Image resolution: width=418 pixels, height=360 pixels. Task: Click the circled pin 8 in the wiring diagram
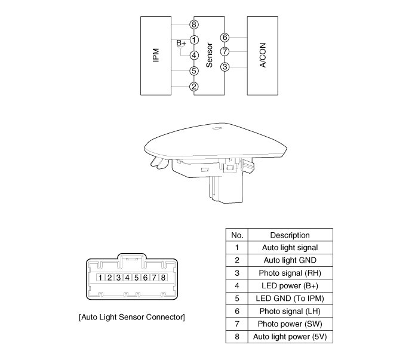pyautogui.click(x=193, y=24)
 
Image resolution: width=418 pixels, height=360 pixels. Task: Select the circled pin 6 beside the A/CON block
pyautogui.click(x=225, y=38)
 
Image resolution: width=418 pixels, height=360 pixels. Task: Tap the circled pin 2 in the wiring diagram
pyautogui.click(x=193, y=87)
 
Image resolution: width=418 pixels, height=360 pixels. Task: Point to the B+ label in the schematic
pyautogui.click(x=182, y=44)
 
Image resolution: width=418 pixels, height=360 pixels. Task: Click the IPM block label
pyautogui.click(x=155, y=56)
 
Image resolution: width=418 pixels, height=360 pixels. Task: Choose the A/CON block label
pyautogui.click(x=263, y=56)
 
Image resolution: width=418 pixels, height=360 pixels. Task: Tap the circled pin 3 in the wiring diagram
pyautogui.click(x=225, y=66)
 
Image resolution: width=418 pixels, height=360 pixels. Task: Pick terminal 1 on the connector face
pyautogui.click(x=102, y=278)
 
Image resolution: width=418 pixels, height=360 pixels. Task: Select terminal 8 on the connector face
pyautogui.click(x=162, y=278)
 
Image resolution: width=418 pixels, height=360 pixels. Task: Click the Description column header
pyautogui.click(x=290, y=235)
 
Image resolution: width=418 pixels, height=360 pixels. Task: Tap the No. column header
pyautogui.click(x=237, y=235)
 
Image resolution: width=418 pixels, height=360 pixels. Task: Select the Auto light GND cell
pyautogui.click(x=290, y=260)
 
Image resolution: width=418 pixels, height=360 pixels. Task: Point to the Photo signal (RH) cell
pyautogui.click(x=290, y=273)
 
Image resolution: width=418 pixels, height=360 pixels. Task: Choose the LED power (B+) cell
pyautogui.click(x=290, y=285)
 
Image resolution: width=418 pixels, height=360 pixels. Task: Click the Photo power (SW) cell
pyautogui.click(x=290, y=324)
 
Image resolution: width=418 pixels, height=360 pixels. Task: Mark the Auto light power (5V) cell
pyautogui.click(x=290, y=337)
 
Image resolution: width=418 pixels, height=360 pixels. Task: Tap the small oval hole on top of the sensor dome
pyautogui.click(x=217, y=127)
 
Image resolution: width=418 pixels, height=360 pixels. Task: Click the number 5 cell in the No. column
pyautogui.click(x=237, y=298)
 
